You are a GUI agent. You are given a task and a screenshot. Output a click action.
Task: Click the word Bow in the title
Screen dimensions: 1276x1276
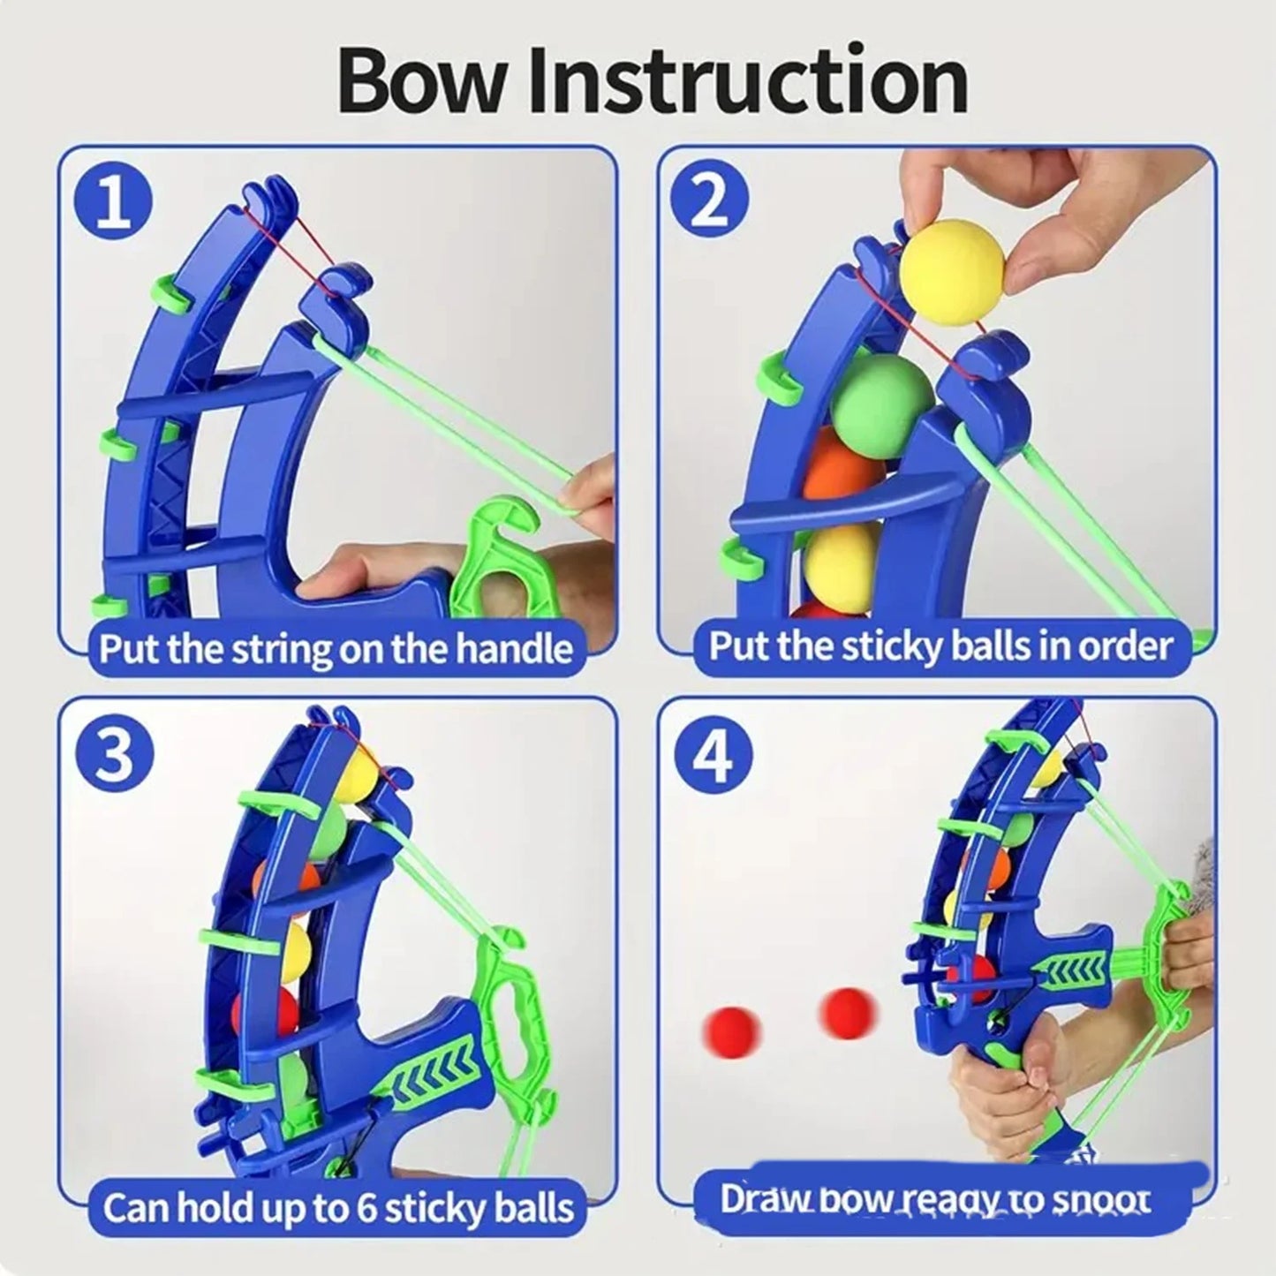click(423, 81)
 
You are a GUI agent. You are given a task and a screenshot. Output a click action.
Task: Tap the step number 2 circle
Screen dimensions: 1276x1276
click(709, 202)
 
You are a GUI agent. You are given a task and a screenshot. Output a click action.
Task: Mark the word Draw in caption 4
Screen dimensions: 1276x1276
click(763, 1199)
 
